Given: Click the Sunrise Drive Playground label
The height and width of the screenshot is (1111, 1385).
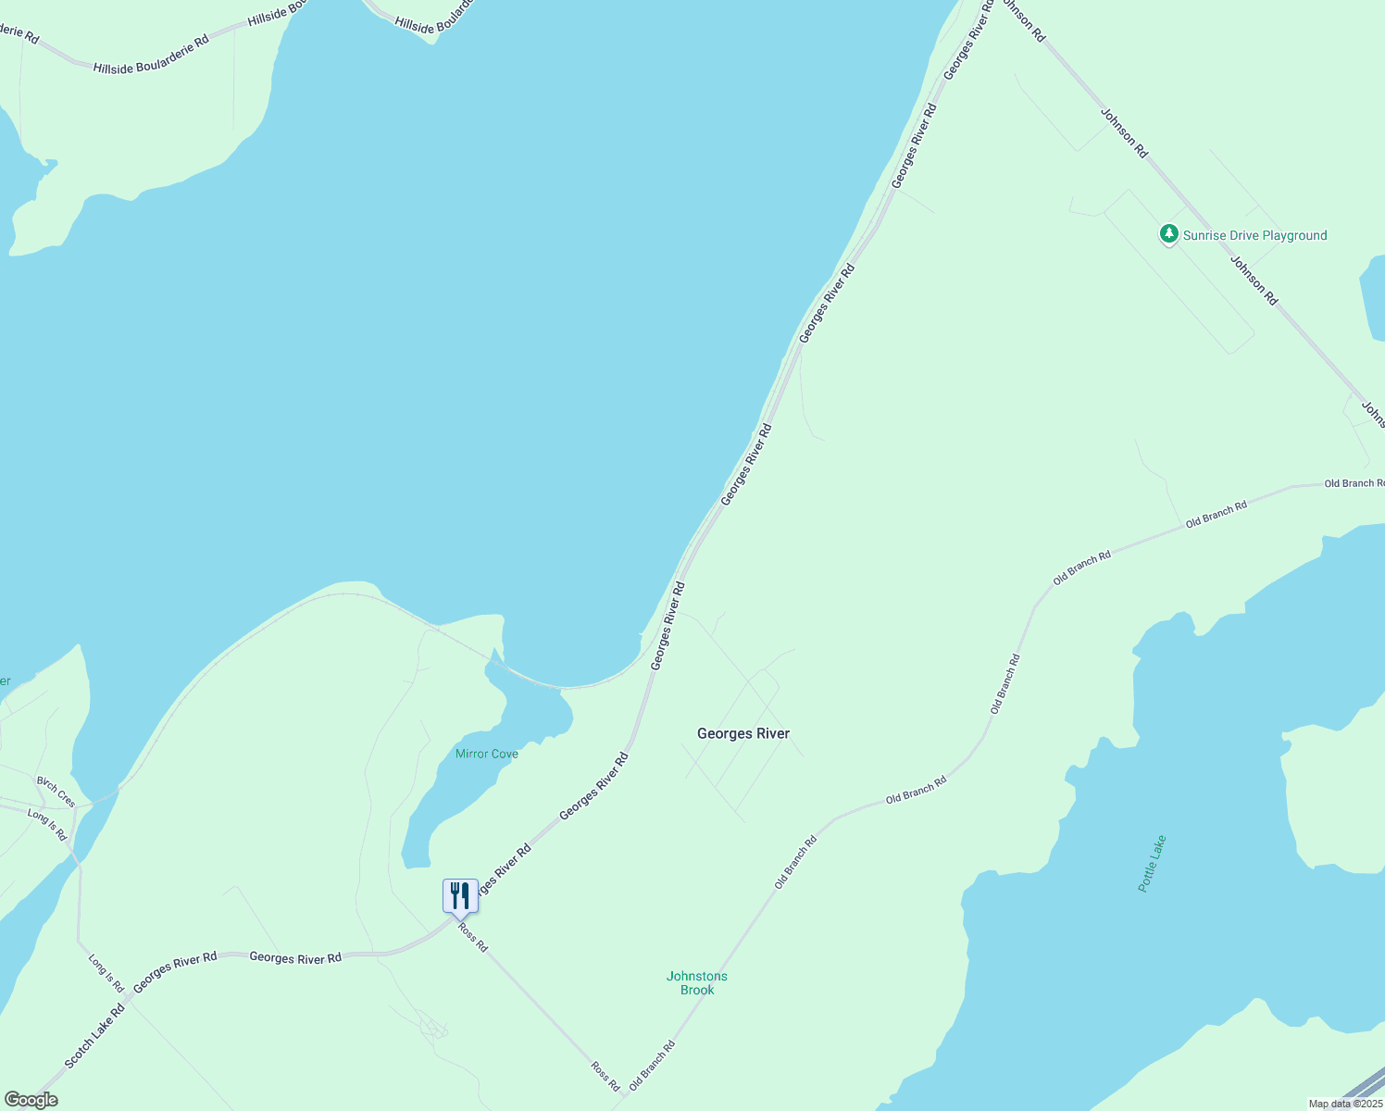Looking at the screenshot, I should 1254,235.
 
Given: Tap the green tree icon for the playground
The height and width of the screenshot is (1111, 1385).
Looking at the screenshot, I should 1169,234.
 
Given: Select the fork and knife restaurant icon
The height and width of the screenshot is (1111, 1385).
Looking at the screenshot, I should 460,896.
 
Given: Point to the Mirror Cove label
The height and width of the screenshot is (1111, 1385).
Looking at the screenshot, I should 487,754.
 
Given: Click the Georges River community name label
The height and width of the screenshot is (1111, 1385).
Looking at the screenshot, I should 743,733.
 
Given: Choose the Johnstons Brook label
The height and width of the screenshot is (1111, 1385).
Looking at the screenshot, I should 697,983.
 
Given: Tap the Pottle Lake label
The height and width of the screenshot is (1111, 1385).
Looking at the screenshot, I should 1152,864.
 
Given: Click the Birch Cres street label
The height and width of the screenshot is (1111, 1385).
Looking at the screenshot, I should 56,792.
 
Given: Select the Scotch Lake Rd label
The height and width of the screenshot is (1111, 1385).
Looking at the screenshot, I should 94,1035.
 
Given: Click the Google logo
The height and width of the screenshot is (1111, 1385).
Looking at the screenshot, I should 31,1100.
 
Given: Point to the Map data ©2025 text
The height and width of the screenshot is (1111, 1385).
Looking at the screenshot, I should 1345,1104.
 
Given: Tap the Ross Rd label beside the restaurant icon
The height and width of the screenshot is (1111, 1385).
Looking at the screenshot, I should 472,936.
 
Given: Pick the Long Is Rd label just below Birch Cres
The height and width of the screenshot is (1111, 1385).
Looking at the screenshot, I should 47,824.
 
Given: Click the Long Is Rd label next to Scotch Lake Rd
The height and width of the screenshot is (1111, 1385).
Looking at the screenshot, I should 106,972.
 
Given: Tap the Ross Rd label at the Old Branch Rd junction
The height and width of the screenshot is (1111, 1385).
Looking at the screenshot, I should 605,1076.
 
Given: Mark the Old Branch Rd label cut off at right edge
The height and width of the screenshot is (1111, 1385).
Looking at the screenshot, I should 1354,483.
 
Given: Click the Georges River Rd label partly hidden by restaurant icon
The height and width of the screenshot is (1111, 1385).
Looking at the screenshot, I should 504,869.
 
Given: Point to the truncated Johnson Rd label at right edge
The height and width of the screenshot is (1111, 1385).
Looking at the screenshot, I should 1372,408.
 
